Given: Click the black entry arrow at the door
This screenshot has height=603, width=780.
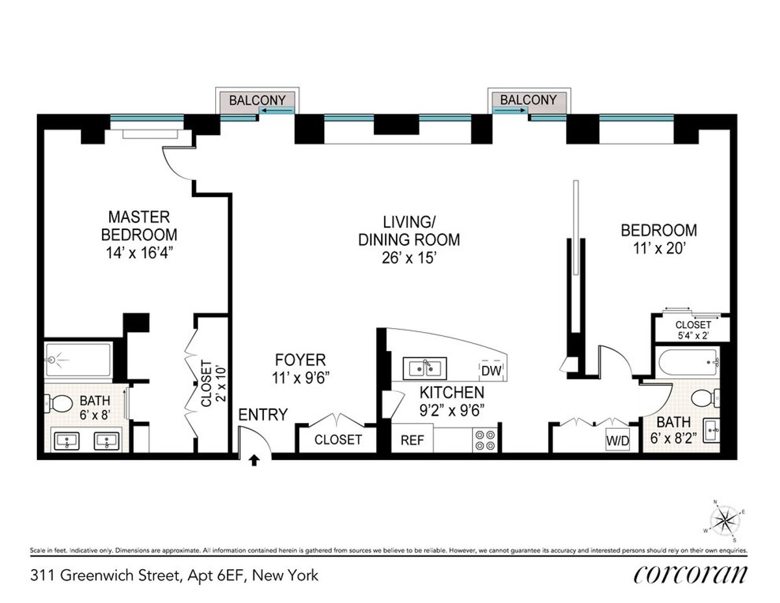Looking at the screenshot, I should coord(254,460).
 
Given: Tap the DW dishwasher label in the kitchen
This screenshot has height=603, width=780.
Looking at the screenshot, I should coord(492,371).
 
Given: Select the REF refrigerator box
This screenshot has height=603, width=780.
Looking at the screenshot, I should coord(412,440).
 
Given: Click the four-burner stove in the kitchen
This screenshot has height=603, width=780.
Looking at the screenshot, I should coord(484,440).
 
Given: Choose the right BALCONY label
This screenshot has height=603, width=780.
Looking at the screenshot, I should coord(528,100).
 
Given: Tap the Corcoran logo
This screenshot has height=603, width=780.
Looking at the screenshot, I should coord(690,574).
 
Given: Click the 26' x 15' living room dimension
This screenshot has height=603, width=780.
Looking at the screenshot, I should coord(409,258).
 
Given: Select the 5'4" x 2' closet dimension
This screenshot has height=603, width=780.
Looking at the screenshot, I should coord(693,337).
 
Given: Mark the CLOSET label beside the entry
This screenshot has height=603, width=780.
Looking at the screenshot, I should coord(338,440).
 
